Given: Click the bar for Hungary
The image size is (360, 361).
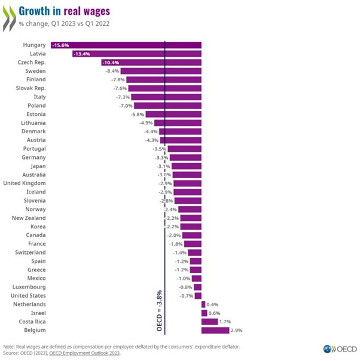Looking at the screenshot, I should [x=126, y=45].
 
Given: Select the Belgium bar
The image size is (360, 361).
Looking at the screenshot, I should [x=215, y=330].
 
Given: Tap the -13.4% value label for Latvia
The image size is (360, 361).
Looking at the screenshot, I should [x=82, y=54].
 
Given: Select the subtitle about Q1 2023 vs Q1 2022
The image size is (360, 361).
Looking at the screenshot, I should [x=57, y=24].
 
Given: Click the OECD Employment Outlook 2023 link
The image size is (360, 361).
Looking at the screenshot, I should [x=86, y=353].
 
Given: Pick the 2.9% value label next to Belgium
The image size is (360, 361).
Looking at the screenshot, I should [x=237, y=330].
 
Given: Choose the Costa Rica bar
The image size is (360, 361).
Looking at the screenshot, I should [x=210, y=322].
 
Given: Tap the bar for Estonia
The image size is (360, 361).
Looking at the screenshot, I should [x=173, y=114].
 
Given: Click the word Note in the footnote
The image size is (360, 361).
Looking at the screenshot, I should [x=10, y=346].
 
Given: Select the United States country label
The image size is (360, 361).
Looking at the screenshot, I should [x=28, y=295].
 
